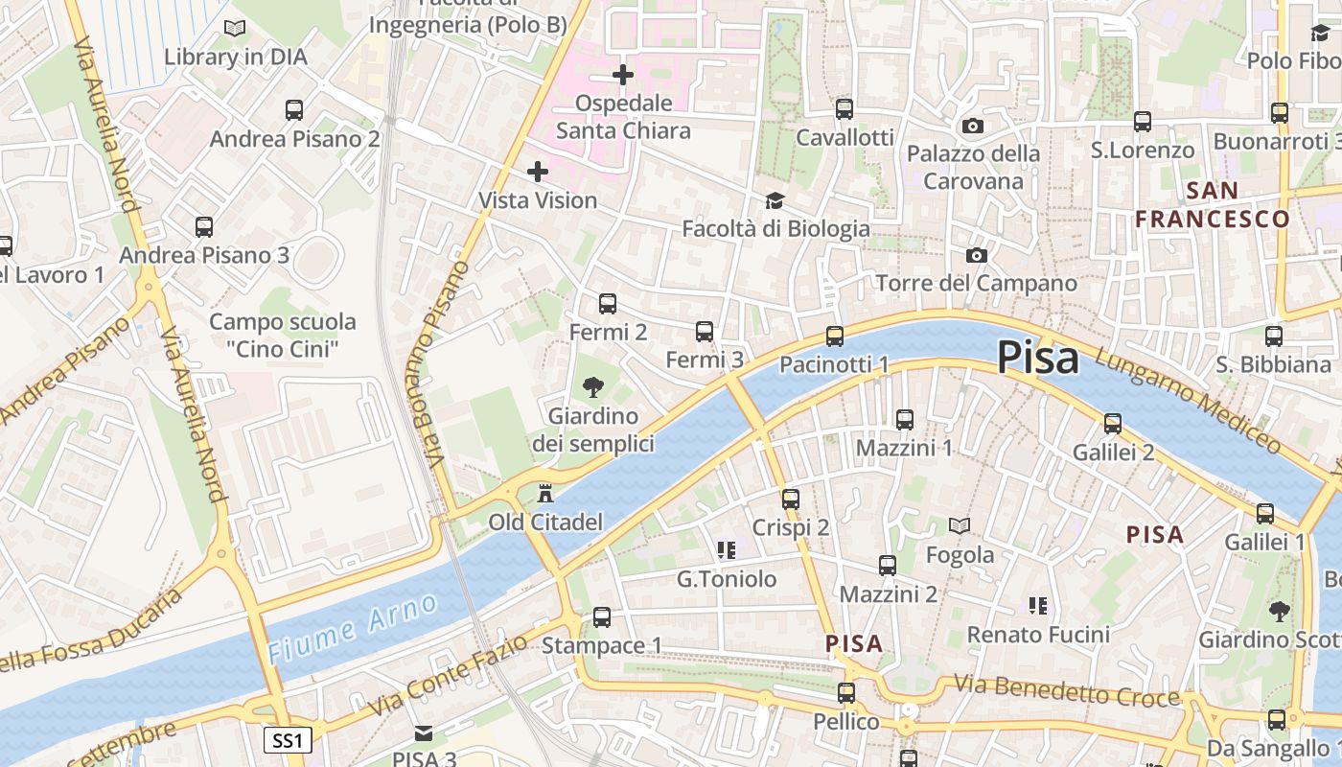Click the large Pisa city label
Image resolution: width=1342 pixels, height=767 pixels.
click(x=1037, y=358)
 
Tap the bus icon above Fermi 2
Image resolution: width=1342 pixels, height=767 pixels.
click(x=607, y=304)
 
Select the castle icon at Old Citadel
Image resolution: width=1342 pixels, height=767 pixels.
click(x=545, y=494)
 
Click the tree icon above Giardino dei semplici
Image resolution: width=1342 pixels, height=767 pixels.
click(x=593, y=387)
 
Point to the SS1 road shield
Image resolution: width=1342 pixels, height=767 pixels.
click(x=287, y=740)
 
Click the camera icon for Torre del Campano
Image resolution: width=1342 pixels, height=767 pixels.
click(x=976, y=255)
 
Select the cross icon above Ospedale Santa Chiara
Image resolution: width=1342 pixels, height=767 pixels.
click(x=623, y=74)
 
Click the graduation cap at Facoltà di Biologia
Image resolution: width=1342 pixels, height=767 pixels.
click(x=775, y=200)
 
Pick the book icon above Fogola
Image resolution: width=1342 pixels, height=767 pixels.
click(x=960, y=525)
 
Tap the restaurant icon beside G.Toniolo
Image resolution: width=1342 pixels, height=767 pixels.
click(x=726, y=550)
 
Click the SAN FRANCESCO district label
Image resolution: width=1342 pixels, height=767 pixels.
click(x=1213, y=204)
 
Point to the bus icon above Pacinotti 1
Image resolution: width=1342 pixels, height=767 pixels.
click(x=835, y=336)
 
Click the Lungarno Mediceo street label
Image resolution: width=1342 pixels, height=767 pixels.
click(x=1187, y=399)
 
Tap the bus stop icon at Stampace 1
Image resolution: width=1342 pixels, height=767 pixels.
click(x=601, y=616)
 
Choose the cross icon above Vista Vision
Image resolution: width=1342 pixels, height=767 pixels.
click(x=538, y=172)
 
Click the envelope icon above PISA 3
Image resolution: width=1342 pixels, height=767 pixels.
click(x=423, y=733)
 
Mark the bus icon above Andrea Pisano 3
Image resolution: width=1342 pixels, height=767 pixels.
click(x=204, y=227)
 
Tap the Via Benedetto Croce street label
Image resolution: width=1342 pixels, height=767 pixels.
click(x=1066, y=691)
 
